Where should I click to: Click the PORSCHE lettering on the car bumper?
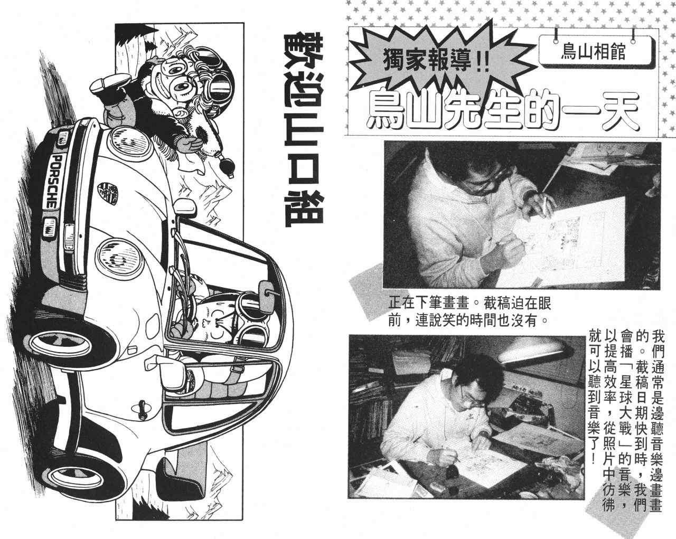53,182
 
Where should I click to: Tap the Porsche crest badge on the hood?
108,194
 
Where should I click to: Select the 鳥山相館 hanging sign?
594,51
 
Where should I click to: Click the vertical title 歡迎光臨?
303,129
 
